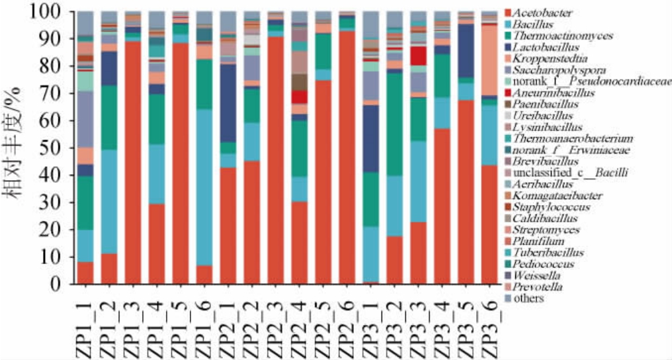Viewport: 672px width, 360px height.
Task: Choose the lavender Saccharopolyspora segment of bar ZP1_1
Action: tap(85, 119)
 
